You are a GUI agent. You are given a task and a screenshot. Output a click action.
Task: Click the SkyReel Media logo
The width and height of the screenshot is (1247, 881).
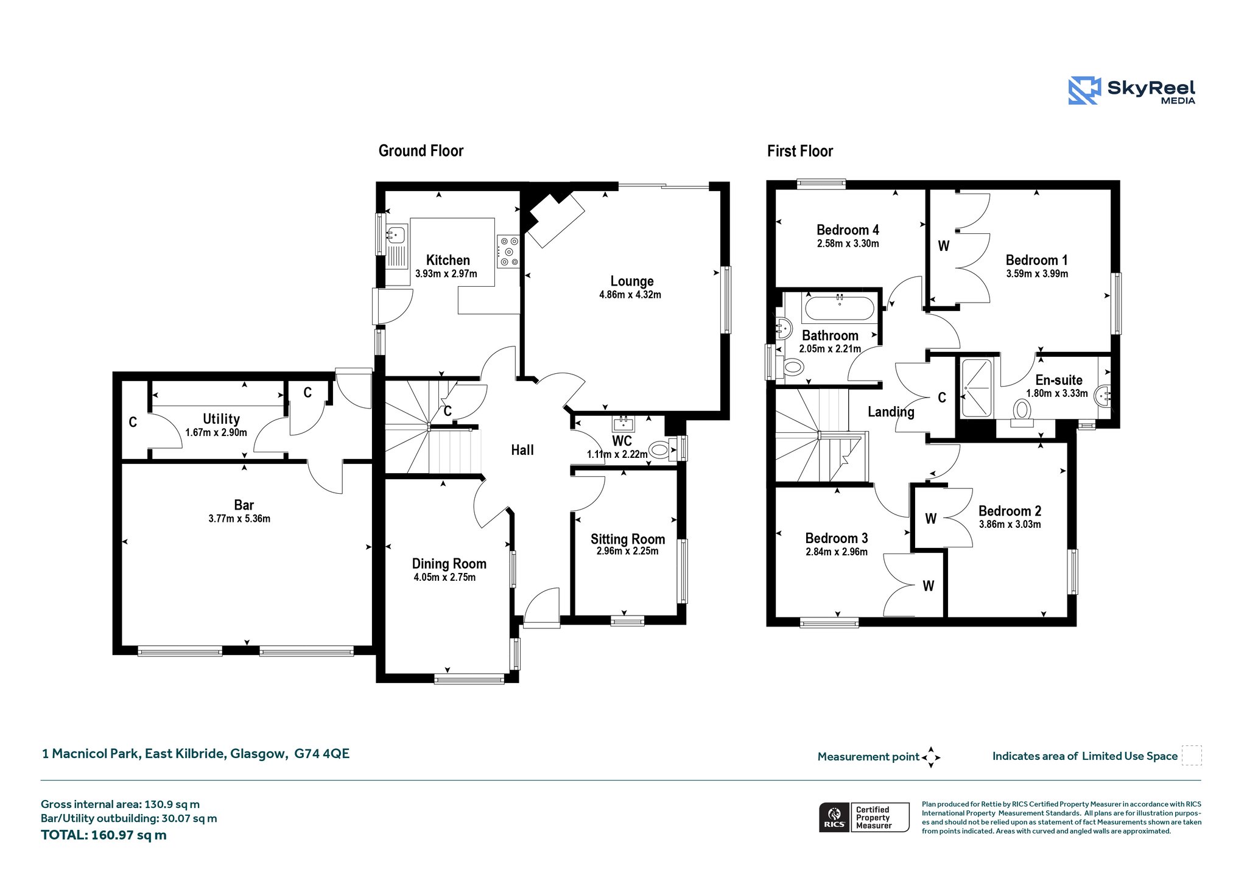coord(1132,91)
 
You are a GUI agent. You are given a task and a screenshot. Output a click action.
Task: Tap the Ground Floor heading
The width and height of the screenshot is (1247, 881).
coord(421,151)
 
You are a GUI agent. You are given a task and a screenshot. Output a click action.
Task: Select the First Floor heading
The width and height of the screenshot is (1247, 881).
coord(799,151)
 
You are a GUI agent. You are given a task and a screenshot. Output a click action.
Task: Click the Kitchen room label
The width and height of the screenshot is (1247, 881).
coord(448,260)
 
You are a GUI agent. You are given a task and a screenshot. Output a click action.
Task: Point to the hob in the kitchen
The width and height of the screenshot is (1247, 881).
coord(508,251)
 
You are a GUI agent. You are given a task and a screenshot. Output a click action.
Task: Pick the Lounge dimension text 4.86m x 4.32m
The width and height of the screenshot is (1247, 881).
coord(630,295)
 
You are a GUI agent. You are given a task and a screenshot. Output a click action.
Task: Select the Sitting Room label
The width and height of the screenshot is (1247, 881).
coord(628,539)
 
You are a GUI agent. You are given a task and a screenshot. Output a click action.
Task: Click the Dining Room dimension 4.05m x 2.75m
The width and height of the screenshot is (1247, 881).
coord(444,577)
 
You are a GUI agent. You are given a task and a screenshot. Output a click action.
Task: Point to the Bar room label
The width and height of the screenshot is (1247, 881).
coord(244,505)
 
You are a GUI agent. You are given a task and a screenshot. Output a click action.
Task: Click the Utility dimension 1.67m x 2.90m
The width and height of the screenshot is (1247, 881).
coord(216,433)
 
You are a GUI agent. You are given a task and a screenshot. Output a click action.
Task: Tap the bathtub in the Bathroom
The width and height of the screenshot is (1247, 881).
coord(840,308)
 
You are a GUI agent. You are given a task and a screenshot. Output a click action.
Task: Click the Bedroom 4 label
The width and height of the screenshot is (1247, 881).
coord(848,230)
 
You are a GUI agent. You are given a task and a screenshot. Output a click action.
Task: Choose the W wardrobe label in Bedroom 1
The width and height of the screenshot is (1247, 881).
coord(943,246)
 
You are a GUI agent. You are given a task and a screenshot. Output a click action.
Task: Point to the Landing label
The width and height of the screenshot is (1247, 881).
coord(891,412)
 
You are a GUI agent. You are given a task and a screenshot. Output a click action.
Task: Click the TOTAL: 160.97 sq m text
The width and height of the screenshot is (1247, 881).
coord(104,835)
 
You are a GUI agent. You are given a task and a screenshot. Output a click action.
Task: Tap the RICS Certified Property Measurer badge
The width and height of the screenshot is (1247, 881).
coord(864,817)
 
